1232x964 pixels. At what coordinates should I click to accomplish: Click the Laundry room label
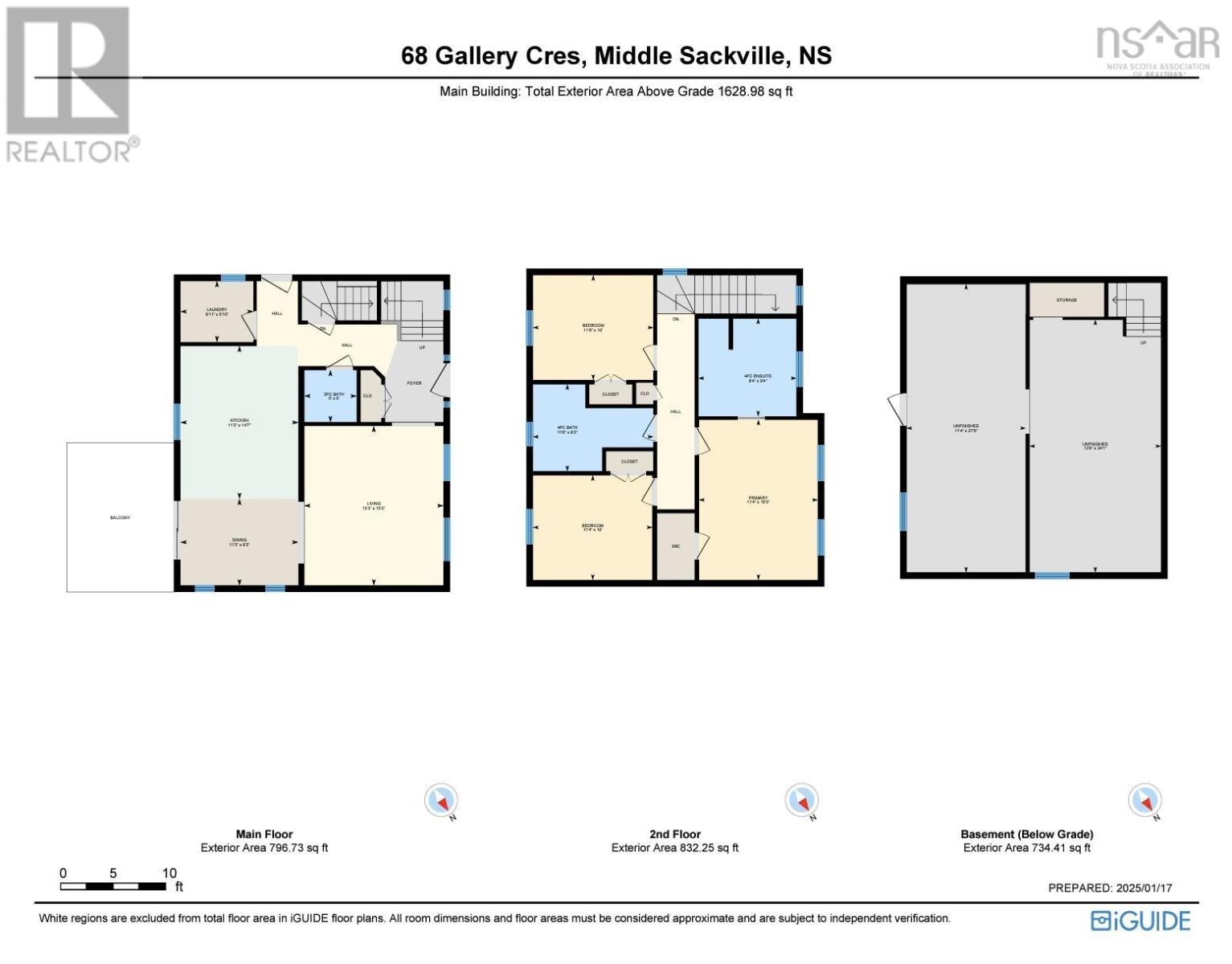click(x=216, y=309)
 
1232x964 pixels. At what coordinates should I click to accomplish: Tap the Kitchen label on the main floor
click(x=239, y=421)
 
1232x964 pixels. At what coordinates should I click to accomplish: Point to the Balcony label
click(x=120, y=517)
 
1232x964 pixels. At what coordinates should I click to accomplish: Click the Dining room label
click(x=239, y=541)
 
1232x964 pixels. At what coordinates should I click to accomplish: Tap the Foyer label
click(x=414, y=383)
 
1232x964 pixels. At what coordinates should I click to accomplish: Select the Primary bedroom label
click(x=758, y=499)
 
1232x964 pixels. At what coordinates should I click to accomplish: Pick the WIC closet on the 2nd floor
click(x=676, y=546)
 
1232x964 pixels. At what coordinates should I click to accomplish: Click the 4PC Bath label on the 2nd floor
click(x=567, y=428)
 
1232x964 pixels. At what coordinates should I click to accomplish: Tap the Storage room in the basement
click(x=1066, y=300)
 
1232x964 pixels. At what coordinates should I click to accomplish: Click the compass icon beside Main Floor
click(x=441, y=801)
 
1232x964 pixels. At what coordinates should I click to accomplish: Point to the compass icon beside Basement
click(x=1144, y=801)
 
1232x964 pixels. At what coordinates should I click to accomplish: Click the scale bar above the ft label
click(x=113, y=886)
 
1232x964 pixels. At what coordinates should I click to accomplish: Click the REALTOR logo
click(x=71, y=84)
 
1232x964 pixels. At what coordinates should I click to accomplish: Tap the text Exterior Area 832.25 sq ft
click(x=674, y=848)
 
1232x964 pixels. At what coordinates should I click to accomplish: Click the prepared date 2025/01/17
click(x=1144, y=888)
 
